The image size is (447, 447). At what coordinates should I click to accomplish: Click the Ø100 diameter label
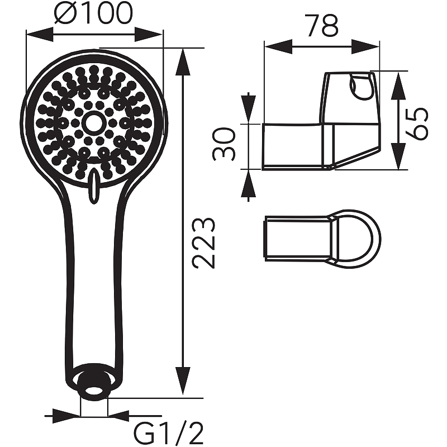point(93,13)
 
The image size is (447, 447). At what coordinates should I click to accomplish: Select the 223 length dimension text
point(203,244)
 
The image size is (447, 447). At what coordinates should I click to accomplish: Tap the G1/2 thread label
point(169,435)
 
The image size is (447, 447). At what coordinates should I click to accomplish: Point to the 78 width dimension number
point(323,26)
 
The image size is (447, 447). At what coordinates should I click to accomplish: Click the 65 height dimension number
point(417,123)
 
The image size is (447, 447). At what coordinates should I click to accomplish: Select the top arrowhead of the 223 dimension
point(183,63)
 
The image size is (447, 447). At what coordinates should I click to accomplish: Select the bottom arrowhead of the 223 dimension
point(183,381)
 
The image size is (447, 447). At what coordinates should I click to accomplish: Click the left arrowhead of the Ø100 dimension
point(40,35)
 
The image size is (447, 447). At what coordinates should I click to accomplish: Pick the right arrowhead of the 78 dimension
point(365,46)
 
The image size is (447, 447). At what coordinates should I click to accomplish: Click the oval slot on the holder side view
point(360,87)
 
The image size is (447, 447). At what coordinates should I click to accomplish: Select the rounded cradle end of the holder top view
point(357,239)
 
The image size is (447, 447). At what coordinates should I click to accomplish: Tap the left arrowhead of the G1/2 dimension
point(66,416)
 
